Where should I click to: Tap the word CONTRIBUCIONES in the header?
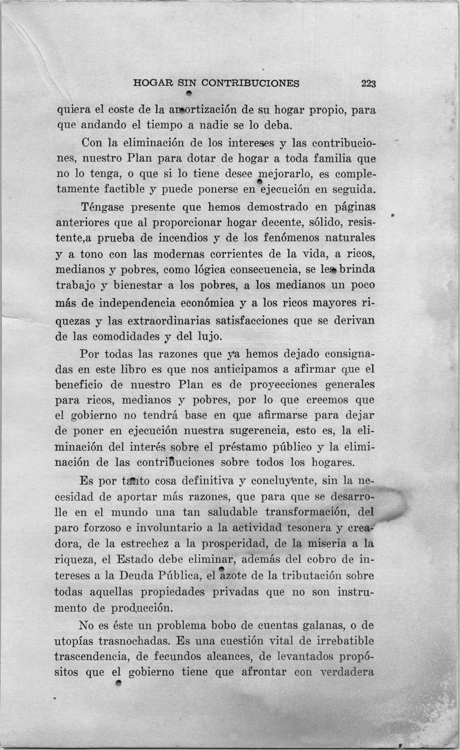point(250,83)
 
